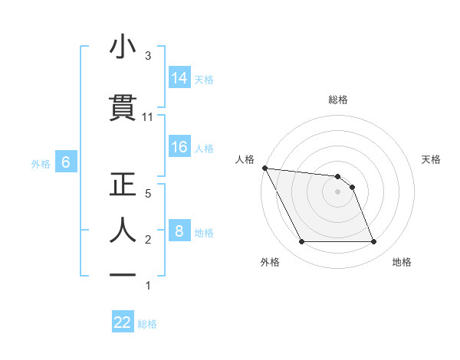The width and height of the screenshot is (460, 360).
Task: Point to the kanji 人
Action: [x=123, y=229]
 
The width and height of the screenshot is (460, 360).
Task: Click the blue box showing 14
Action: [x=179, y=77]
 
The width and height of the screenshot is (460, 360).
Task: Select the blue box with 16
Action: [x=179, y=147]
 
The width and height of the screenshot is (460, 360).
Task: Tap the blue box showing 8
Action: [x=179, y=231]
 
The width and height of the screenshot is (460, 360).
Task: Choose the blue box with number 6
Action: [x=66, y=162]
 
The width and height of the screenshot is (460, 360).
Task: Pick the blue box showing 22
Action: [x=123, y=322]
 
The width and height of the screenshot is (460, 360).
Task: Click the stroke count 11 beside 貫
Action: [x=148, y=117]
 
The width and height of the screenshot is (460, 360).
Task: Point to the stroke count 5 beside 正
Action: [x=148, y=193]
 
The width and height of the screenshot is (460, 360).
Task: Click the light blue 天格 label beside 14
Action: [x=204, y=79]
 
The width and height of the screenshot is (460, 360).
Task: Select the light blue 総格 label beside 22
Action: [x=147, y=324]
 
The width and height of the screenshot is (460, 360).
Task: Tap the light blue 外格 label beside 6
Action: [x=41, y=163]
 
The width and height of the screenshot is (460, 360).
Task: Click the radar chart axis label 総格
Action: [x=338, y=100]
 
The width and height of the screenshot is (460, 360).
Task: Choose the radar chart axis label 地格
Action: [x=402, y=262]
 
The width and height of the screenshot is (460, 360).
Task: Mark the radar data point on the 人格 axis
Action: [x=265, y=168]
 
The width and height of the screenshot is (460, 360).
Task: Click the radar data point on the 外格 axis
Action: [x=301, y=242]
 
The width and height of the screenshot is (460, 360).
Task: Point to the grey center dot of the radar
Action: [x=338, y=191]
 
